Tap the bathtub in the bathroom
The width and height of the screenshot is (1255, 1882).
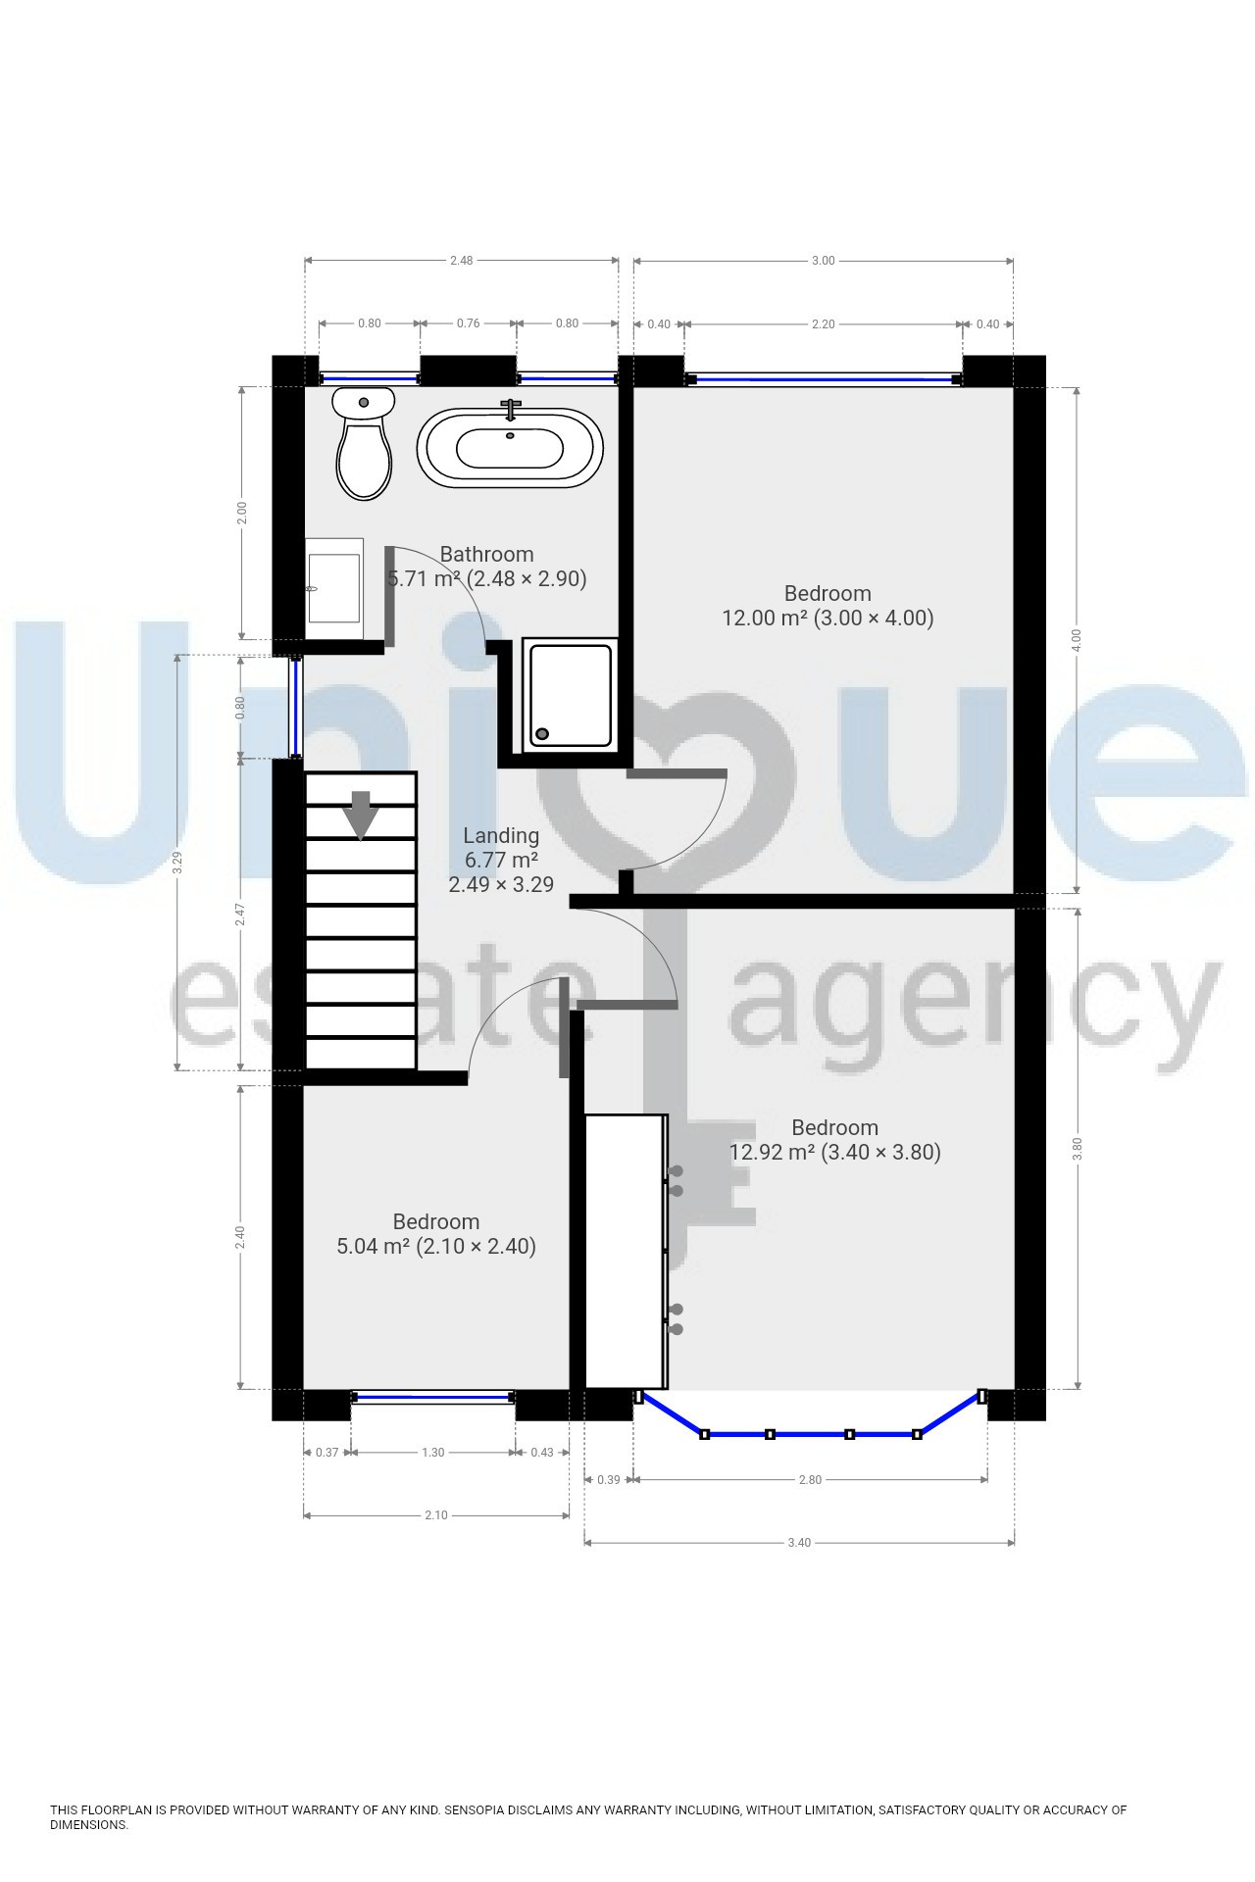click(510, 448)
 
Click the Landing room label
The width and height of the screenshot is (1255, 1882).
click(501, 836)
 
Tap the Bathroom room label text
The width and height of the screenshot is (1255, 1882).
click(486, 555)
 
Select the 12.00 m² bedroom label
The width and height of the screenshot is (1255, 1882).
click(828, 606)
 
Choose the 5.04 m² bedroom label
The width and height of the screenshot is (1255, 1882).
click(436, 1234)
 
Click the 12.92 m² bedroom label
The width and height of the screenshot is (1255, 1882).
click(835, 1140)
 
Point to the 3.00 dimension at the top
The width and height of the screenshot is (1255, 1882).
click(824, 261)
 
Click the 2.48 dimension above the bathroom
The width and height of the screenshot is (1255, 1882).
click(461, 261)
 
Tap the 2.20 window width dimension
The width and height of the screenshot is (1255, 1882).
click(824, 324)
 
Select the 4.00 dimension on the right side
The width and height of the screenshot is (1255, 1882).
click(1077, 639)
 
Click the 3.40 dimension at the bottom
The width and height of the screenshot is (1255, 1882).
click(799, 1543)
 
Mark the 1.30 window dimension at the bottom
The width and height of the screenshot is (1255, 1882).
click(432, 1453)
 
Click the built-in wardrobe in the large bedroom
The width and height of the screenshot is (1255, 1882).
click(626, 1251)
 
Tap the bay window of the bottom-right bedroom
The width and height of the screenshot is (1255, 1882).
click(810, 1433)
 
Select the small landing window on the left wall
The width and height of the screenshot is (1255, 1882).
click(295, 707)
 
